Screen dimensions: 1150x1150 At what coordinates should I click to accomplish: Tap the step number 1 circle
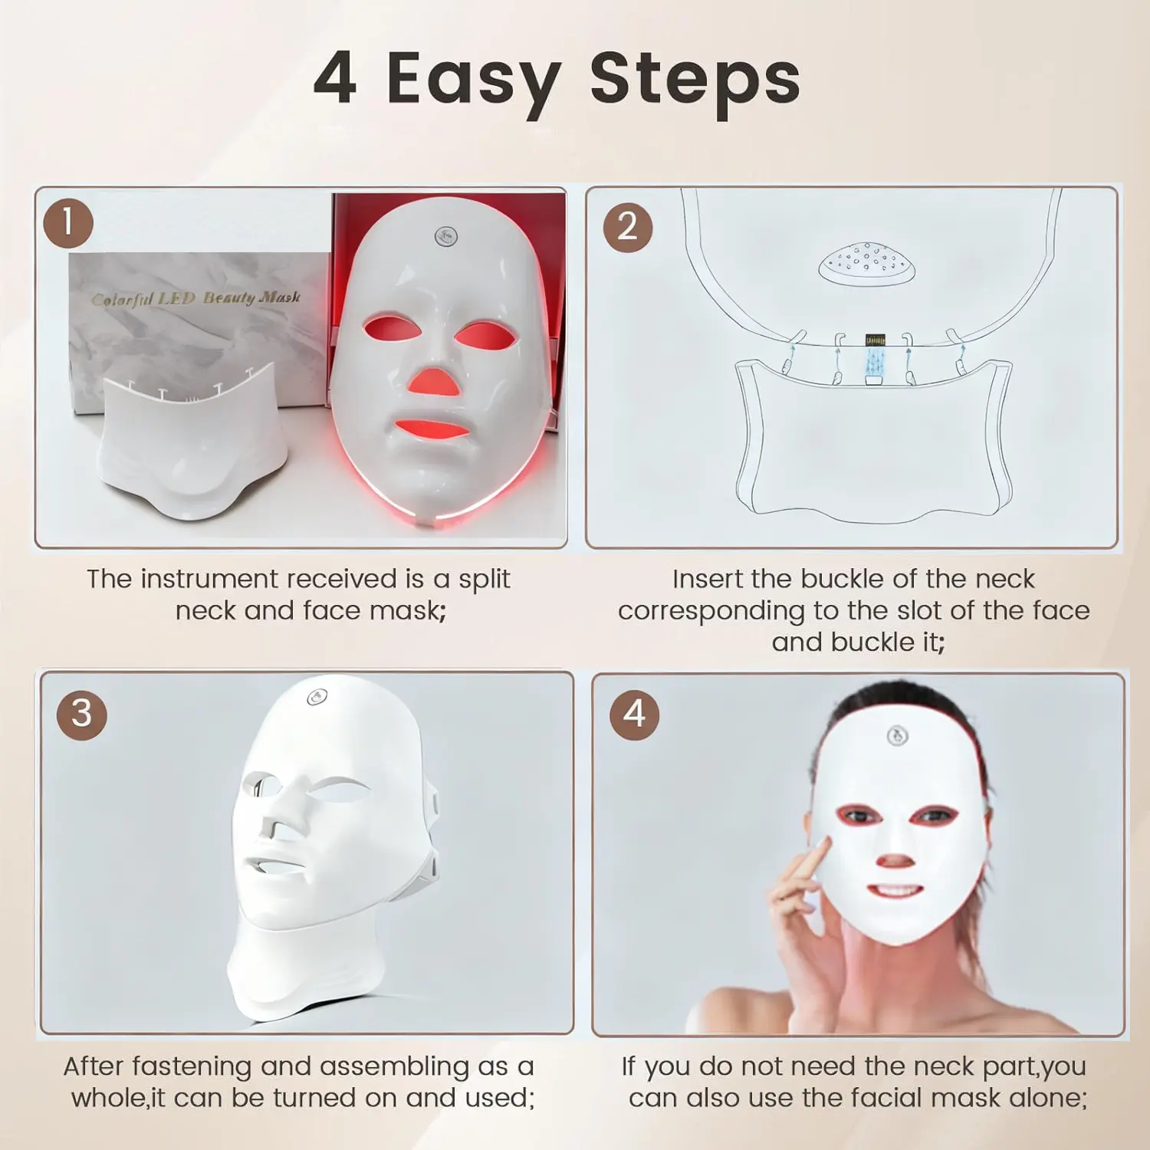click(x=68, y=223)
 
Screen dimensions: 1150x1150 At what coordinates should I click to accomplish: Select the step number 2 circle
click(x=628, y=227)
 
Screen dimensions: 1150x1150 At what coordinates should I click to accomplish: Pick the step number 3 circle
click(x=81, y=715)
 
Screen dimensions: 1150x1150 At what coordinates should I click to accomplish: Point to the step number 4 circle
click(x=634, y=715)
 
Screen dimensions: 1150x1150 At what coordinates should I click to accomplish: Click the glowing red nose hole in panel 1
click(x=433, y=381)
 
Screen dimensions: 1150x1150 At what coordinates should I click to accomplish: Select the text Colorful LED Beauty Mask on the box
click(x=196, y=298)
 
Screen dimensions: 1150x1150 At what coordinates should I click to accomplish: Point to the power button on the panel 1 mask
click(x=446, y=235)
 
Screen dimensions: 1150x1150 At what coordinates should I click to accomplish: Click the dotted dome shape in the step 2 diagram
click(x=866, y=263)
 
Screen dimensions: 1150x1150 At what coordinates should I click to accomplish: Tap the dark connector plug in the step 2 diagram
click(x=875, y=340)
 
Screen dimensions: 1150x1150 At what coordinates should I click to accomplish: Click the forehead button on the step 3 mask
click(x=317, y=697)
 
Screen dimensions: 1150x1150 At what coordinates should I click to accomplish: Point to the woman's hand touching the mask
click(x=801, y=893)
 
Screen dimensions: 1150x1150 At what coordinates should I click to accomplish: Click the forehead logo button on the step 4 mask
click(x=897, y=736)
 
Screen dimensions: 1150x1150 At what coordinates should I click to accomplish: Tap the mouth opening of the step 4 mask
click(x=895, y=892)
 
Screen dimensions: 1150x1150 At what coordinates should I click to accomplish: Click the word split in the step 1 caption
click(x=485, y=580)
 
